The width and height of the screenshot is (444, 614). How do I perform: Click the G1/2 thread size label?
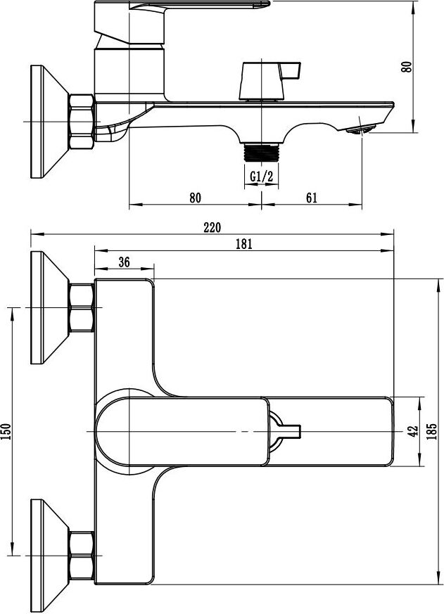coord(261,177)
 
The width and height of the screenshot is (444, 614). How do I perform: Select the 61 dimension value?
coord(312,198)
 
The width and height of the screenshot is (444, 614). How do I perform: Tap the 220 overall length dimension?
coord(212,227)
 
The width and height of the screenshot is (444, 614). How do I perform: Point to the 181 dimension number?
coord(243,244)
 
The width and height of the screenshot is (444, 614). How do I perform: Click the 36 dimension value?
coord(124,262)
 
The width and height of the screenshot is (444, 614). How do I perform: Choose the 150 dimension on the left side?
coord(6,432)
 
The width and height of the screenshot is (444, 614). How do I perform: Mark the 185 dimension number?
coord(432,432)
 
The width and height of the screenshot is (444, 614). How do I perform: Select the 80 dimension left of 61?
coord(195,198)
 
